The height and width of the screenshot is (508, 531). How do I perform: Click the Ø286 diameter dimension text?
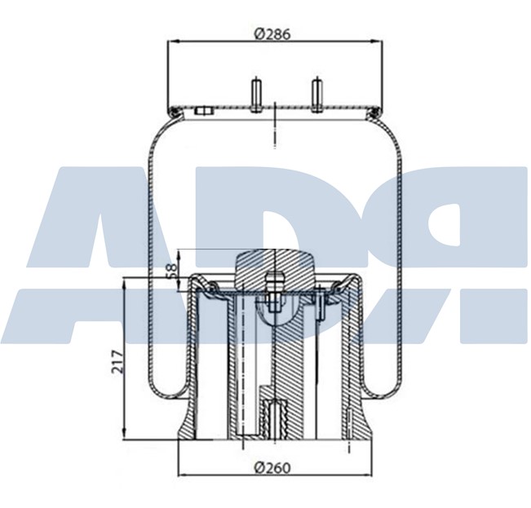pos(272,33)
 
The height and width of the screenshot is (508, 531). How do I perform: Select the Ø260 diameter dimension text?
pos(272,467)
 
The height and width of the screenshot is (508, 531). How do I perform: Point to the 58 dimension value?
pos(170,271)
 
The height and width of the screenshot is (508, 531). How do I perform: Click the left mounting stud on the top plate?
pos(255,93)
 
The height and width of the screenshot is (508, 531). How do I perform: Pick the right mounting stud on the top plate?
pos(316,93)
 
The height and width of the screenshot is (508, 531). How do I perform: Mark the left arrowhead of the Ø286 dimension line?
pos(170,42)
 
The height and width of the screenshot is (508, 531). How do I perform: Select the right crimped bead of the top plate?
pos(375,109)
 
